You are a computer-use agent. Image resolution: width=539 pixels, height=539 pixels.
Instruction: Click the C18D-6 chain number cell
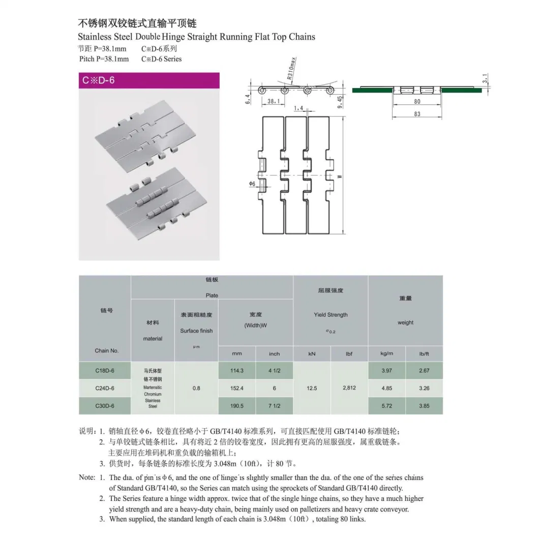coord(105,371)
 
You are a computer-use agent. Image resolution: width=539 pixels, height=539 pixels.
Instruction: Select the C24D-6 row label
coord(105,388)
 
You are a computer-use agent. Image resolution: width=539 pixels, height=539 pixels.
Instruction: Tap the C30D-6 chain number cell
coord(105,406)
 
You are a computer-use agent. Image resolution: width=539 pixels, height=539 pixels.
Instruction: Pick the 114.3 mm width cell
coord(237,371)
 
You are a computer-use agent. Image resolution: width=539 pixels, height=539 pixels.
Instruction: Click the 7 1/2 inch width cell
coord(274,406)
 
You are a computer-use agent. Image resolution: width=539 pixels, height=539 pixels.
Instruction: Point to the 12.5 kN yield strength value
coord(312,388)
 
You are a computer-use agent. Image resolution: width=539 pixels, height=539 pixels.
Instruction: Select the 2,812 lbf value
coord(349,388)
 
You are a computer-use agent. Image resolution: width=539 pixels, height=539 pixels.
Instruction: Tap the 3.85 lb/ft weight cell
coord(424,406)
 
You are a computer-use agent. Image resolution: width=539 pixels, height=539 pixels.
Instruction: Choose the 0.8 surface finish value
coord(196,388)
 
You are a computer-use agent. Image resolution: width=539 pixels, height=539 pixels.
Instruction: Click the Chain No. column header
coord(106,351)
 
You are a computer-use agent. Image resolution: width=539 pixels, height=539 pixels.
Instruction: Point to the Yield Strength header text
coord(331,315)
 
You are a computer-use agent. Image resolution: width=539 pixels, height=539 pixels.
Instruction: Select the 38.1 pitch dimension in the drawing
coord(273,101)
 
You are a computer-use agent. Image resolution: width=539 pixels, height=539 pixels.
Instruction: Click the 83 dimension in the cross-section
coord(417,114)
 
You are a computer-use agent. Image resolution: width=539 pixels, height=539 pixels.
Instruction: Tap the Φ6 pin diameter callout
coord(252,184)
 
